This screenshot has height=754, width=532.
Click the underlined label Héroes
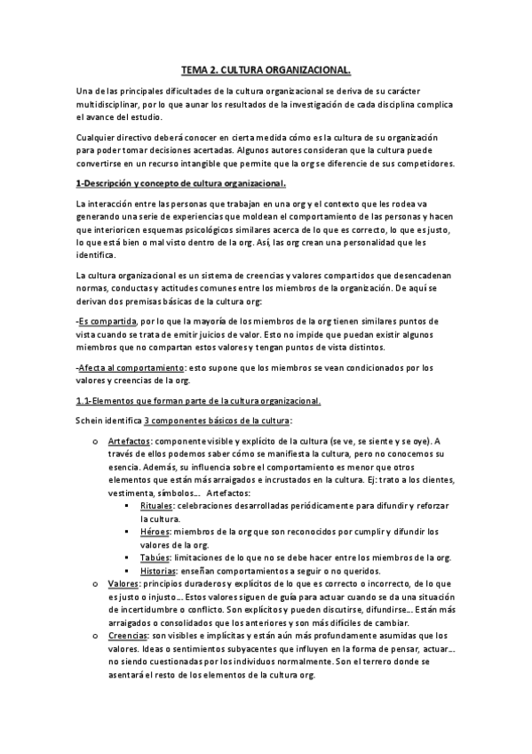coord(155,532)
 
